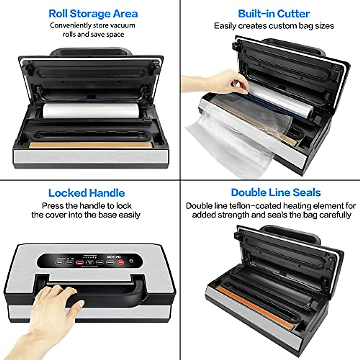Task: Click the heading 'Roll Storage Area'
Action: (93, 14)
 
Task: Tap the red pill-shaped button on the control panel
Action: (79, 262)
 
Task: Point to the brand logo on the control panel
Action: (114, 257)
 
